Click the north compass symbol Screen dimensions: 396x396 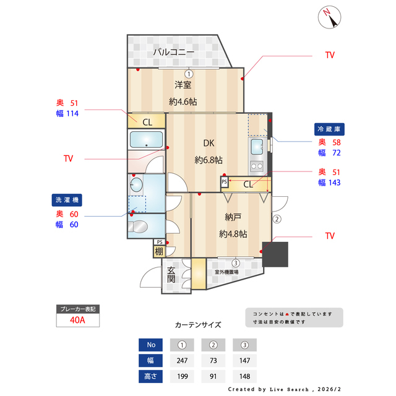point(330,17)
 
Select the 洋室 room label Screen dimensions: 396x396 point(183,85)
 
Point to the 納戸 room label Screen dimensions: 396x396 point(233,217)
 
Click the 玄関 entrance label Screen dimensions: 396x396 point(171,275)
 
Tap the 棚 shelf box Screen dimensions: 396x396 point(160,251)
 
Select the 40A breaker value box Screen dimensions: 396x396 point(77,321)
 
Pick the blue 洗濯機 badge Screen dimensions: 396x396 point(67,200)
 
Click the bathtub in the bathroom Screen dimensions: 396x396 point(146,140)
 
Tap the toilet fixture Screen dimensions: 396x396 point(139,225)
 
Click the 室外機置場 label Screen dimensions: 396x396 point(227,272)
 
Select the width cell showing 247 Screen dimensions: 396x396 point(182,360)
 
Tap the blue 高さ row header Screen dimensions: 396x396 point(151,376)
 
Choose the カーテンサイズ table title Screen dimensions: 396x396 point(198,324)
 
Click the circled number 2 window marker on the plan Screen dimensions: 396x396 point(277,218)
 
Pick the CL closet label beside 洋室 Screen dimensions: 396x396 point(147,122)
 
